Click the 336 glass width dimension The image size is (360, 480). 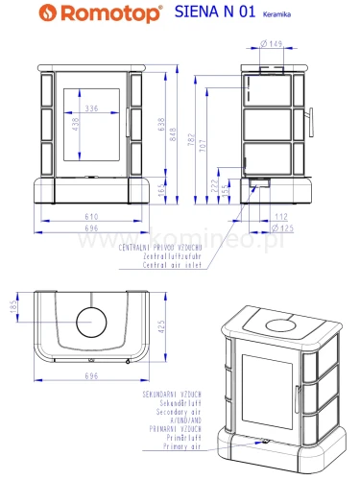(x=92, y=109)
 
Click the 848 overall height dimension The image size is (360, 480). (x=173, y=138)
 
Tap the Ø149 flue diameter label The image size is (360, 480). (x=272, y=43)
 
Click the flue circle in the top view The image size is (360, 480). (x=92, y=323)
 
